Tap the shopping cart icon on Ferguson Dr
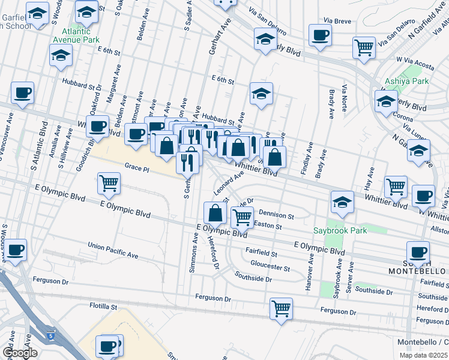click(x=281, y=308)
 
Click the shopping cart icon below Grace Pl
click(x=109, y=183)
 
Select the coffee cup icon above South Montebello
click(x=418, y=251)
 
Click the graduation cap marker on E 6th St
click(x=261, y=93)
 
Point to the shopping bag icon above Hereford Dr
click(x=215, y=212)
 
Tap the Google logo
click(x=20, y=352)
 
